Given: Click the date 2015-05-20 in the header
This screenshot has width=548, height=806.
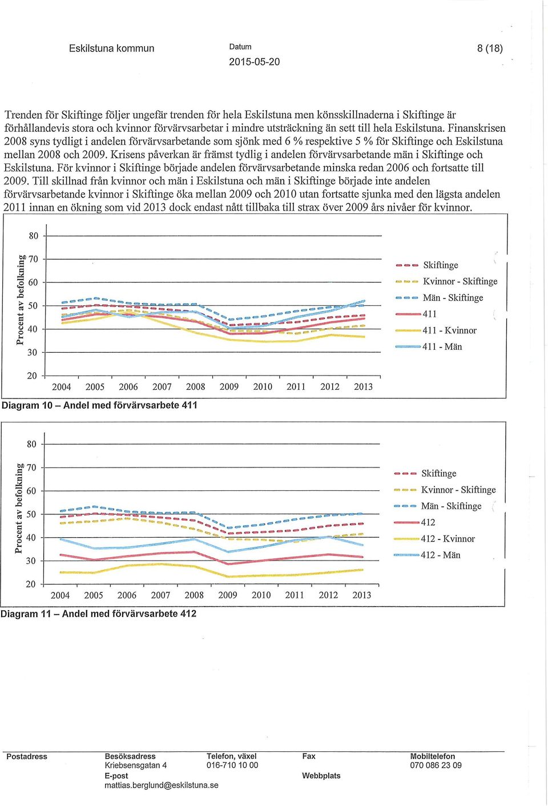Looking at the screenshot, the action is tap(254, 62).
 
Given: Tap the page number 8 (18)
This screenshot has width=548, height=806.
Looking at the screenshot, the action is tap(490, 48).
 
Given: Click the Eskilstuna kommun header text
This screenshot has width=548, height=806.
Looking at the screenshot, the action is tap(111, 48).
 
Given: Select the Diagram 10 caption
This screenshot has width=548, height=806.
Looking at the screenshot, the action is tap(100, 405).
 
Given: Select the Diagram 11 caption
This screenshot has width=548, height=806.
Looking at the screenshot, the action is tap(99, 614).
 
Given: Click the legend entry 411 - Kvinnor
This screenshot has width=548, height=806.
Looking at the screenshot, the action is tap(449, 331).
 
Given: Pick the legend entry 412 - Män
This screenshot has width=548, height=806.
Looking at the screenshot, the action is tap(441, 555).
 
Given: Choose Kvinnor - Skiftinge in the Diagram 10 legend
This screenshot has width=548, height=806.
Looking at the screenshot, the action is tap(460, 281).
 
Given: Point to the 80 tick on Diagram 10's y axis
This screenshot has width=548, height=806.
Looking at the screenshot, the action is tap(34, 236).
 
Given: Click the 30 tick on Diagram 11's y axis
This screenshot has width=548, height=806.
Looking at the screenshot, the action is tap(31, 561).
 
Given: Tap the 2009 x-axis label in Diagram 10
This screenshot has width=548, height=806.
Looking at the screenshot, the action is tap(229, 387).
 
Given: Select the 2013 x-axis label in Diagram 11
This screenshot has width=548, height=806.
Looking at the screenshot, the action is tap(361, 595).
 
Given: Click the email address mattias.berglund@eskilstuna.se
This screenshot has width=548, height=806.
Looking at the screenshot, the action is tap(161, 785).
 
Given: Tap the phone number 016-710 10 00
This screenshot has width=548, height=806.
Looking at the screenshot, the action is tap(232, 765).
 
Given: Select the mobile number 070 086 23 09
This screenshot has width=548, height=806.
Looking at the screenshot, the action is tap(436, 765).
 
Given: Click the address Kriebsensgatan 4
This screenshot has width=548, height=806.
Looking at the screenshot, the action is tap(136, 765).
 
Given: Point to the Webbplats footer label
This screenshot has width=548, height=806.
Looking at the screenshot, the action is tap(321, 775).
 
